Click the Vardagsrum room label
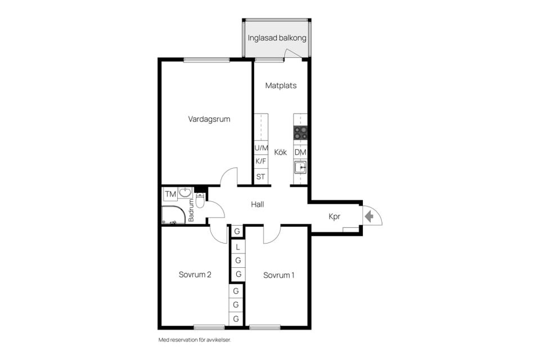click(x=209, y=119)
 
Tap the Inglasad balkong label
click(x=277, y=38)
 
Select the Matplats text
click(x=281, y=85)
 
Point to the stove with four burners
click(x=300, y=133)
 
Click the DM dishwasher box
click(x=300, y=152)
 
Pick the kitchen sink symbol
click(x=300, y=168)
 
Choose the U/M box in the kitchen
click(x=261, y=148)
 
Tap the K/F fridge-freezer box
click(x=261, y=161)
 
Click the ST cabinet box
click(x=261, y=177)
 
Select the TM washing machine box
click(x=170, y=194)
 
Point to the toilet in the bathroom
click(x=200, y=200)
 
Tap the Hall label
click(x=257, y=205)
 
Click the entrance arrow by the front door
click(x=369, y=217)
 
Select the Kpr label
click(x=334, y=217)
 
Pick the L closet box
click(x=237, y=247)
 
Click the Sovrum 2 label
click(x=195, y=274)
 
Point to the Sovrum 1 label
click(x=278, y=275)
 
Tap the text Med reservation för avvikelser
click(x=195, y=340)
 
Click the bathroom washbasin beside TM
click(x=185, y=193)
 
